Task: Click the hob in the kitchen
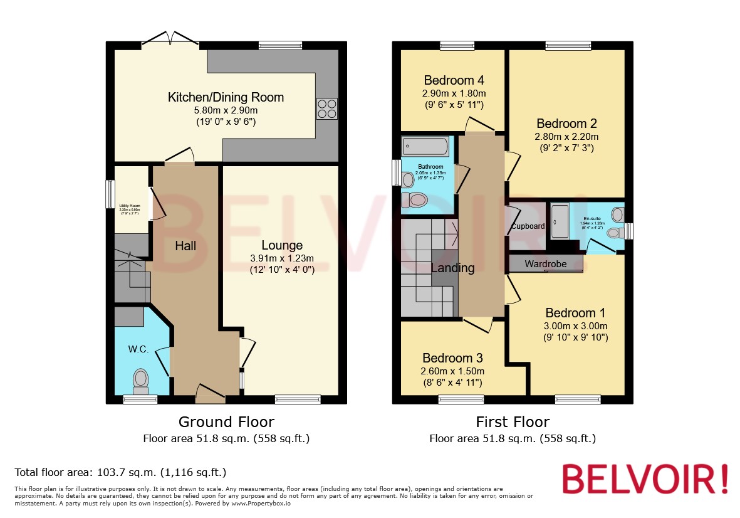coord(326,109)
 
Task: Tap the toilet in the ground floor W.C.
coord(141,380)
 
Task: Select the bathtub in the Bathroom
coord(425,147)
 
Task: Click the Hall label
coord(185,246)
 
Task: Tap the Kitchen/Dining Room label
coord(226,97)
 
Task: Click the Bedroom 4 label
coord(454,80)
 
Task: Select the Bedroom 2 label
coord(566,124)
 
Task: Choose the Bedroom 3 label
coord(452,358)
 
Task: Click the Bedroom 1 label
coord(575,313)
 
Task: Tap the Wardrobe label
coord(545,264)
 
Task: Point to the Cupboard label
coord(528,226)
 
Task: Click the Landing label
coord(452,268)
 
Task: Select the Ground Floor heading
coord(226,422)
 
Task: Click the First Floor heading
coord(513,422)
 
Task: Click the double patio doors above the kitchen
coord(170,40)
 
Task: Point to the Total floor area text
coord(120,472)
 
